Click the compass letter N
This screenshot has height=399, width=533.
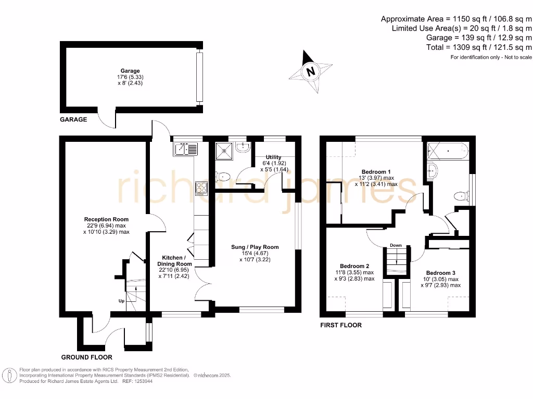pos(310,72)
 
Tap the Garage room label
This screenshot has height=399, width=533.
pos(130,71)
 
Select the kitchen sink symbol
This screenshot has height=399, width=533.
pos(186,149)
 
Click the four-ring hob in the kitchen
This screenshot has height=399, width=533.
pos(201,189)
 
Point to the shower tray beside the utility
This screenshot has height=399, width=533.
pos(224,151)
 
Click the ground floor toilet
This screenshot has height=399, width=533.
pos(223,177)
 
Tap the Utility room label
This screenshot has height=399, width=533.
pos(273,157)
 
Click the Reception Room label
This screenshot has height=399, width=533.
pos(106,219)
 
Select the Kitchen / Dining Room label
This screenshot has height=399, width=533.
pos(174,261)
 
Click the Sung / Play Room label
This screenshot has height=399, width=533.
pos(255,247)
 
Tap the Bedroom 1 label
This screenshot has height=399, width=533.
pos(376,171)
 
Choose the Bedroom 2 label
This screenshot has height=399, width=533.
pos(354,266)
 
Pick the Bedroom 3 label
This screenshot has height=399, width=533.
pos(440,273)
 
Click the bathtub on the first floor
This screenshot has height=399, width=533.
pos(448,151)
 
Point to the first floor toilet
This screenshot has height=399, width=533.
pos(461,196)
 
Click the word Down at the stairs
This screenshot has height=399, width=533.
pos(396,245)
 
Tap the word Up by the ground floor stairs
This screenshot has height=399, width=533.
pos(121,301)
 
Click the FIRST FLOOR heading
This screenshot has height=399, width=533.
pos(341,325)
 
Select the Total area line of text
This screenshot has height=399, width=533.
pos(479,47)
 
